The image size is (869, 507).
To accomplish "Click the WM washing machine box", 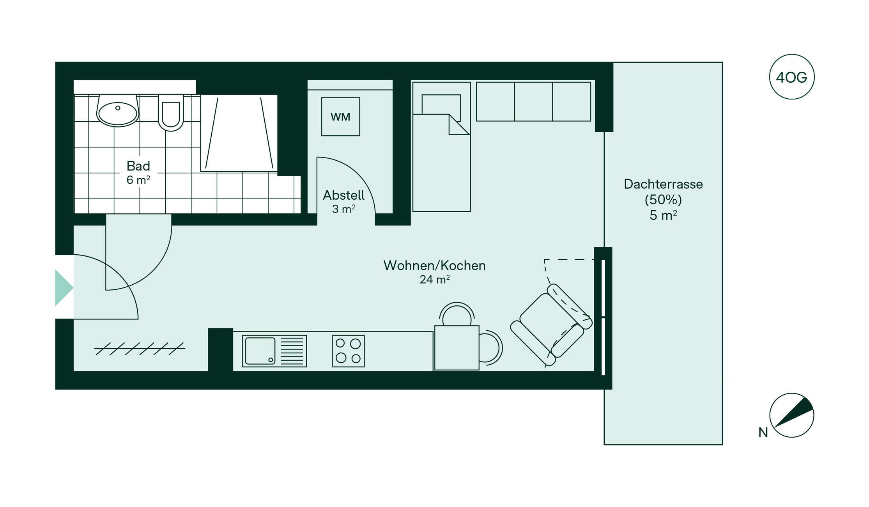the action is (x=340, y=117).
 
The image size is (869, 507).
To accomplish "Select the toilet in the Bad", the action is (x=171, y=113).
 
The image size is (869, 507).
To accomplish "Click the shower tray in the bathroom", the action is (x=239, y=133).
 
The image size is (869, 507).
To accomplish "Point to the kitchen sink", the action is (x=274, y=351).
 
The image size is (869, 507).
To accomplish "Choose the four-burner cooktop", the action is (x=348, y=351).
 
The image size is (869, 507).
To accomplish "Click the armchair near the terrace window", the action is (x=551, y=325).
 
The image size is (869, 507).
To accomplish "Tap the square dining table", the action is (x=457, y=348).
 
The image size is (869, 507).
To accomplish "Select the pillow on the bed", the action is (x=441, y=108).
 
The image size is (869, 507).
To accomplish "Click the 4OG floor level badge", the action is (x=791, y=77).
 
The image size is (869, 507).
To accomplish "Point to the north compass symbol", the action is (x=791, y=415).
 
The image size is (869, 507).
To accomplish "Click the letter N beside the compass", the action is (x=763, y=433).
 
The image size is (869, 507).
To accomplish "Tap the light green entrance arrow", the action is (x=64, y=288).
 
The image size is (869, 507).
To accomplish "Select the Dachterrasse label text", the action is (x=663, y=184).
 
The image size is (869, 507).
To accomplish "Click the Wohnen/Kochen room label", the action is (x=434, y=266).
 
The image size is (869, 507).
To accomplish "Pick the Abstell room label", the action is (x=343, y=195).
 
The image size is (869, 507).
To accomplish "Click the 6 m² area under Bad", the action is (x=138, y=180).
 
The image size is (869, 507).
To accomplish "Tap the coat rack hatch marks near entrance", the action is (x=140, y=349).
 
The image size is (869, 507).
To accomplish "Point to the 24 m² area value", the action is (x=435, y=279).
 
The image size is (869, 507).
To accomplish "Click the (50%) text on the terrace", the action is (x=663, y=200).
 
